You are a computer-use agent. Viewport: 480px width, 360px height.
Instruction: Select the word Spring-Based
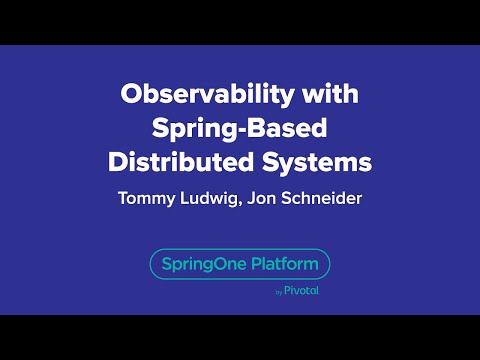pyautogui.click(x=240, y=129)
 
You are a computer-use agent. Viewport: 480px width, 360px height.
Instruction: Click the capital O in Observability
pyautogui.click(x=130, y=96)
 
